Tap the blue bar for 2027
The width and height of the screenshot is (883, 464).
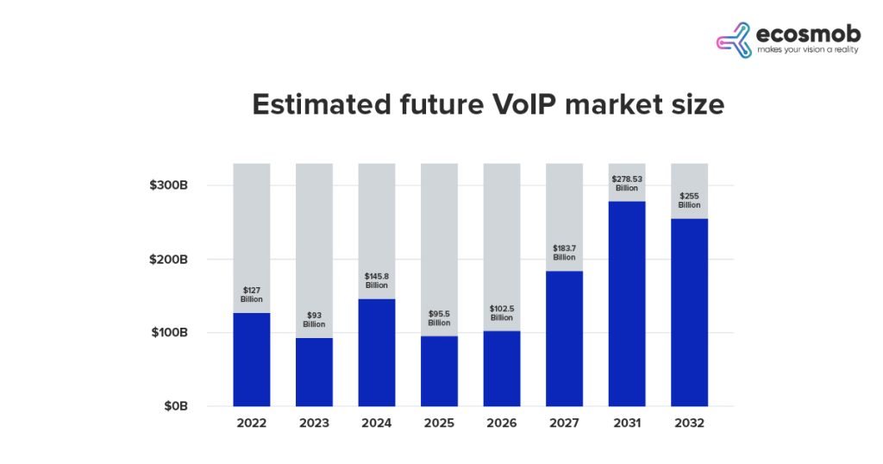pos(564,338)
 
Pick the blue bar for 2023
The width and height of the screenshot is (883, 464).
pos(314,372)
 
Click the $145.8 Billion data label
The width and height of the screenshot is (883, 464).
pos(377,280)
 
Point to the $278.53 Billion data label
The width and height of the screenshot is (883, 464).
pos(627,184)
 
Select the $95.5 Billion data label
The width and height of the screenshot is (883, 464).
pos(439,318)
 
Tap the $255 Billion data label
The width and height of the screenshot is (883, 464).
pos(689,200)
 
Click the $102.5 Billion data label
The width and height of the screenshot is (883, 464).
pos(502,313)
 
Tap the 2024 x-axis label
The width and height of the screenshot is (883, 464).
pos(377,423)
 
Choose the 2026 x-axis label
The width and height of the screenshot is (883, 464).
pos(502,423)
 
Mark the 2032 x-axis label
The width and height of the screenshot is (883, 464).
pos(689,423)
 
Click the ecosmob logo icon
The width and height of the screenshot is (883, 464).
pos(734,40)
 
